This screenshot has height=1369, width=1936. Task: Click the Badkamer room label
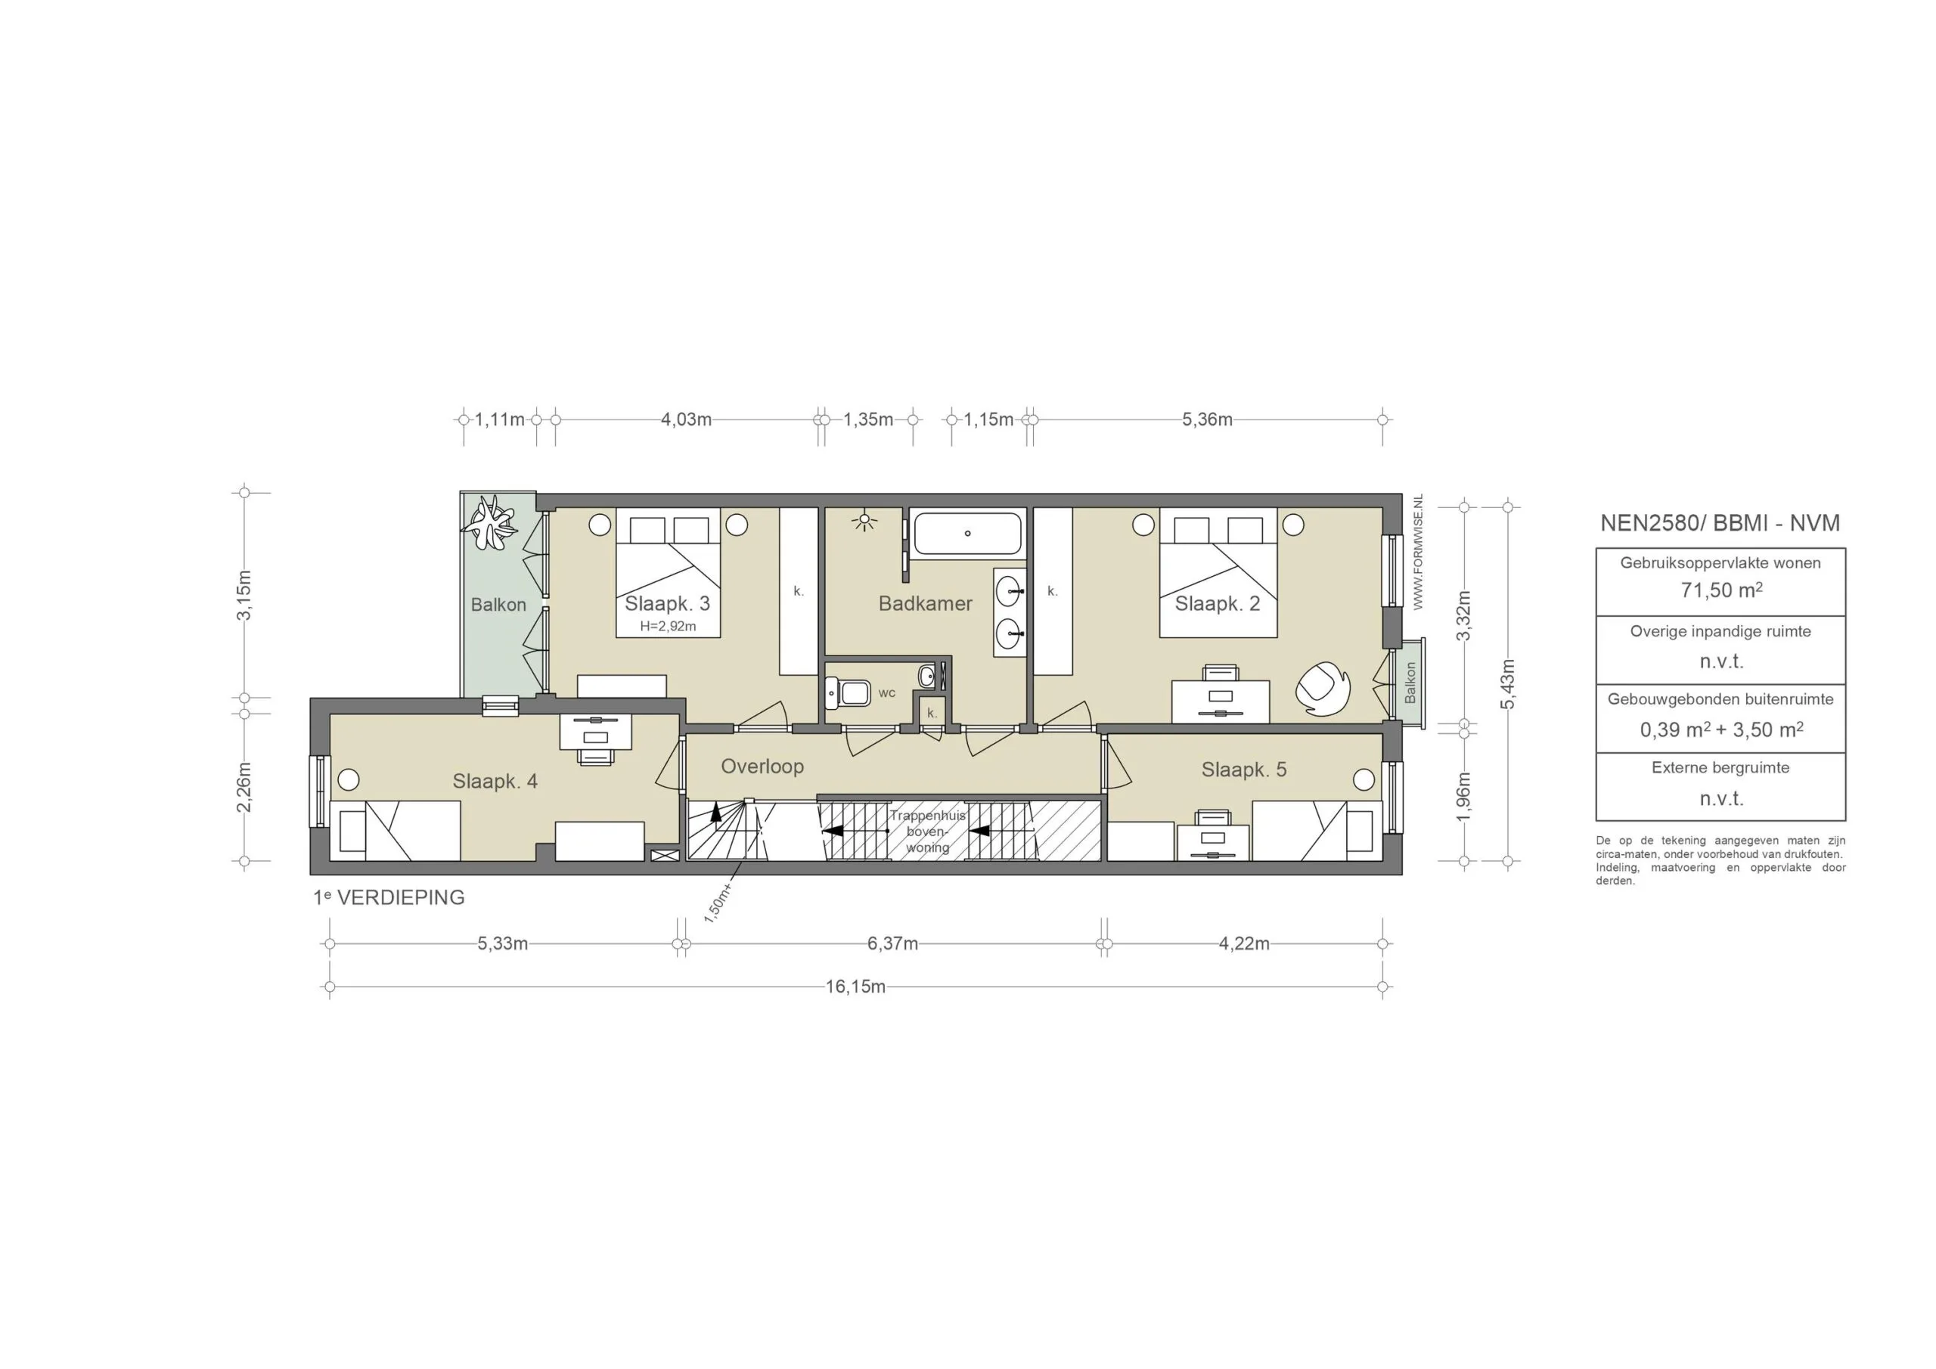click(925, 603)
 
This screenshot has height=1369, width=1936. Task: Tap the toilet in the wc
click(849, 693)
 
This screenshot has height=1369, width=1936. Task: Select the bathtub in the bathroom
click(968, 534)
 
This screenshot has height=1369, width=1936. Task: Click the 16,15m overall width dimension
click(855, 986)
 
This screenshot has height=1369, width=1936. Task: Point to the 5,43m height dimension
click(1509, 683)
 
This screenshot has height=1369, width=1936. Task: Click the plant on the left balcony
click(492, 522)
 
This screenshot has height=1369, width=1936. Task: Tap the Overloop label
click(762, 767)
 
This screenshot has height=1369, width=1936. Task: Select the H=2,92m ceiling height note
click(668, 627)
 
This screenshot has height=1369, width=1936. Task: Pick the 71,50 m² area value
click(1721, 590)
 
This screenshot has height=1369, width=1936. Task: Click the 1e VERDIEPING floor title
click(389, 898)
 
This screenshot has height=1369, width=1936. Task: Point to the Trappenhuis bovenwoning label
click(927, 832)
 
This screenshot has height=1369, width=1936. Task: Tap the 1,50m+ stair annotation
click(718, 905)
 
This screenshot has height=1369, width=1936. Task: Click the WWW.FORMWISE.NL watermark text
click(1418, 552)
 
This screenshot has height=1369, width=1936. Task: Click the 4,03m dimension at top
click(685, 419)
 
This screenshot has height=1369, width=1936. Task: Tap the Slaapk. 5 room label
click(1244, 770)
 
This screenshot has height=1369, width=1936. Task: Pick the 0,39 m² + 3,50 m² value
click(1721, 730)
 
